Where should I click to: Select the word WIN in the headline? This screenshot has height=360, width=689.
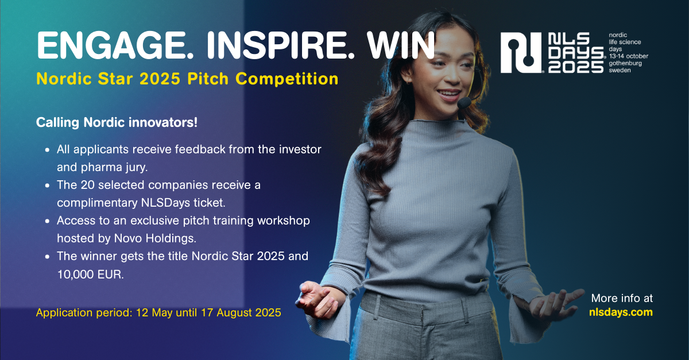(401, 45)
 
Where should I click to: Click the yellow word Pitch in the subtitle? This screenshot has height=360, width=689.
(208, 79)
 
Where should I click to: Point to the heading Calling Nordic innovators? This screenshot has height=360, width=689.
(117, 122)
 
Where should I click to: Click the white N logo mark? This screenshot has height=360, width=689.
(521, 53)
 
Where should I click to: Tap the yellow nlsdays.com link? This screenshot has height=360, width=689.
(621, 312)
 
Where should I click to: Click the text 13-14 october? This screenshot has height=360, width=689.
(628, 56)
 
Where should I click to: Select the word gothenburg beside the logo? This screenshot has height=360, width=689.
(625, 64)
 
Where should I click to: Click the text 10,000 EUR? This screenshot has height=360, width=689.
(91, 274)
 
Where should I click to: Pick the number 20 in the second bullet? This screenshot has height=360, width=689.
(88, 185)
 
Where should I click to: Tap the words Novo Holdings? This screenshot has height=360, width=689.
(155, 238)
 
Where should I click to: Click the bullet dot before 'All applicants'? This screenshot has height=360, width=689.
(47, 150)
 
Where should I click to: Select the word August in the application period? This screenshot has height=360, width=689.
(234, 312)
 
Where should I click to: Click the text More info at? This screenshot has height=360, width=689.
(622, 298)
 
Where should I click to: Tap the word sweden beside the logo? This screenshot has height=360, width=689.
(620, 71)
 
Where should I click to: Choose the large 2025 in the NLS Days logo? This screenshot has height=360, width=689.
(576, 67)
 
